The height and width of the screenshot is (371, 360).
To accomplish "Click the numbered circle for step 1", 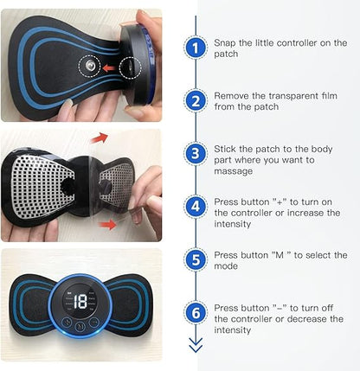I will point(196,48).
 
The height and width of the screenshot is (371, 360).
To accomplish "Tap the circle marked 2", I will point(196,100).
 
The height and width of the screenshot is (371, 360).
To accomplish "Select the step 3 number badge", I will point(196,155).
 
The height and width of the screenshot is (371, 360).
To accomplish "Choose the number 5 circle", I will point(196,259).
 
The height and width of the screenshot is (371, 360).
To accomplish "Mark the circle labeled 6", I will point(196,311).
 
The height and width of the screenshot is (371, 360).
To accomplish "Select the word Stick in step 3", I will point(226,147).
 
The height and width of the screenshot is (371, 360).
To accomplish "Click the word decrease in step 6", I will point(305,318).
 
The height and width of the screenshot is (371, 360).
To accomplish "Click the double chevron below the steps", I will point(196,344).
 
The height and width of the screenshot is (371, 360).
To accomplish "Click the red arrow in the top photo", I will point(109,67).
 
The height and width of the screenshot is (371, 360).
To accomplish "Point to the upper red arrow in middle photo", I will point(100,137).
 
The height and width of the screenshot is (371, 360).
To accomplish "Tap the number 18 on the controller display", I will point(80,304).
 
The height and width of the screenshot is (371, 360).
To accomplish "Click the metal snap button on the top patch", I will point(89,67).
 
